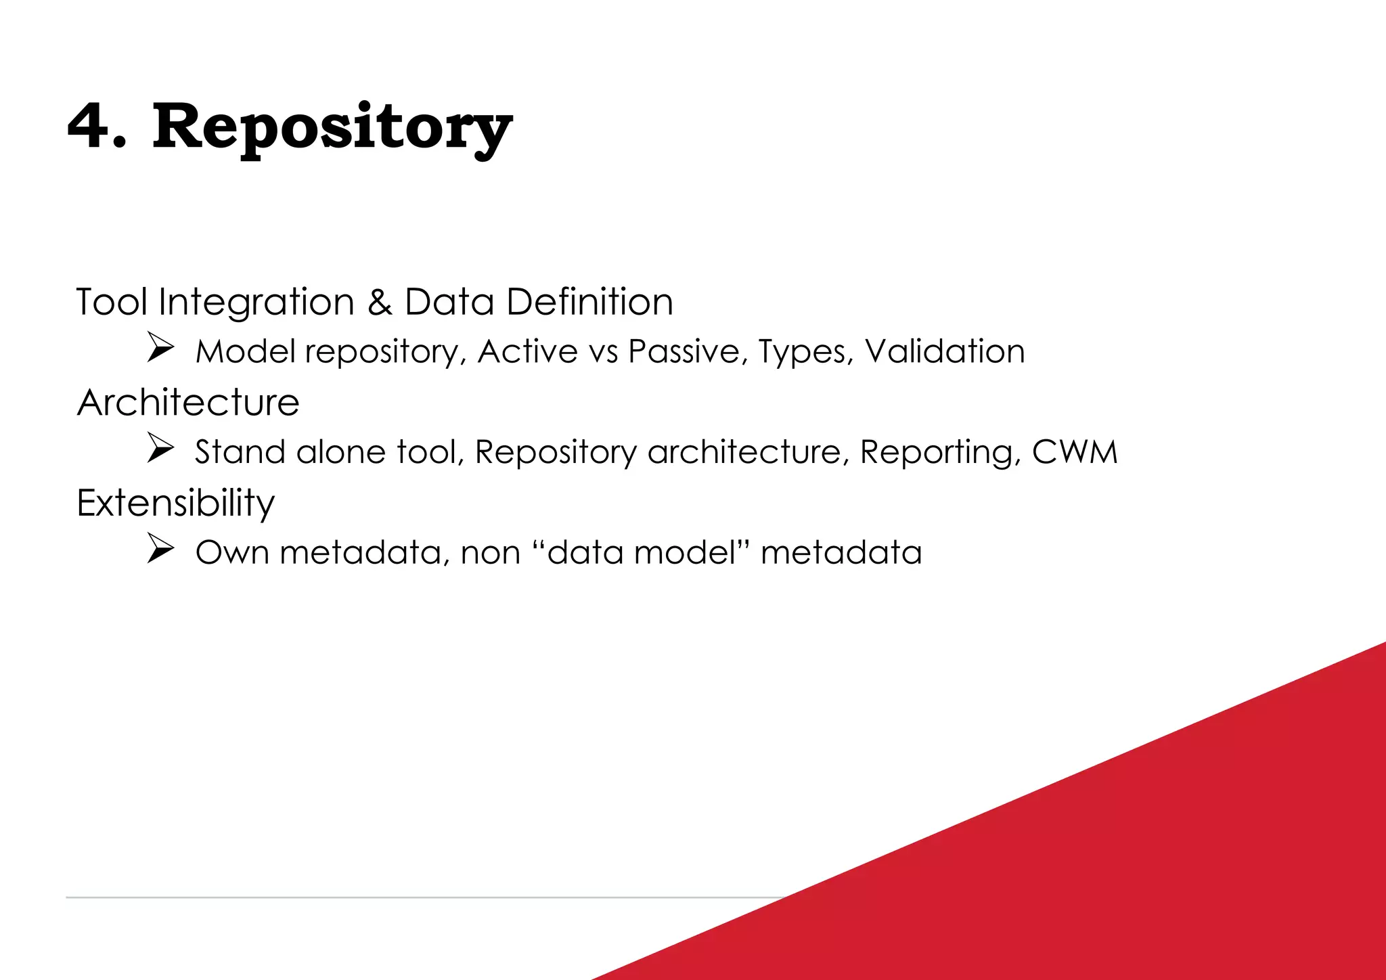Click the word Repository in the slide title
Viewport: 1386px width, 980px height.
[x=332, y=129]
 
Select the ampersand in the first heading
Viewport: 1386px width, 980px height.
[x=380, y=302]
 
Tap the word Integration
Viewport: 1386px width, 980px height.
[x=256, y=303]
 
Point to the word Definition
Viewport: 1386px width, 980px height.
[x=589, y=302]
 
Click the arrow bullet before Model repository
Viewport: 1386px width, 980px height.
[x=161, y=349]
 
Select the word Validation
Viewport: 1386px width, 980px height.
[x=945, y=352]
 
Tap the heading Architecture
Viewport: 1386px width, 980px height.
[x=188, y=403]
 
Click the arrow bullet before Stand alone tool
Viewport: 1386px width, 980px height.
[x=161, y=449]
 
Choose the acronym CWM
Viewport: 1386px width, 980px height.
[x=1075, y=452]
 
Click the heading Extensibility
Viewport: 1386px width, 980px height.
[x=175, y=504]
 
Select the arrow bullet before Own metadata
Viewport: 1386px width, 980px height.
[x=161, y=550]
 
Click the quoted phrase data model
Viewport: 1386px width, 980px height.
[x=641, y=552]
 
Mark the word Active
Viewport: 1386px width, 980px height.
[x=527, y=352]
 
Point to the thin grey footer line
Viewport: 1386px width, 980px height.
[x=406, y=897]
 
